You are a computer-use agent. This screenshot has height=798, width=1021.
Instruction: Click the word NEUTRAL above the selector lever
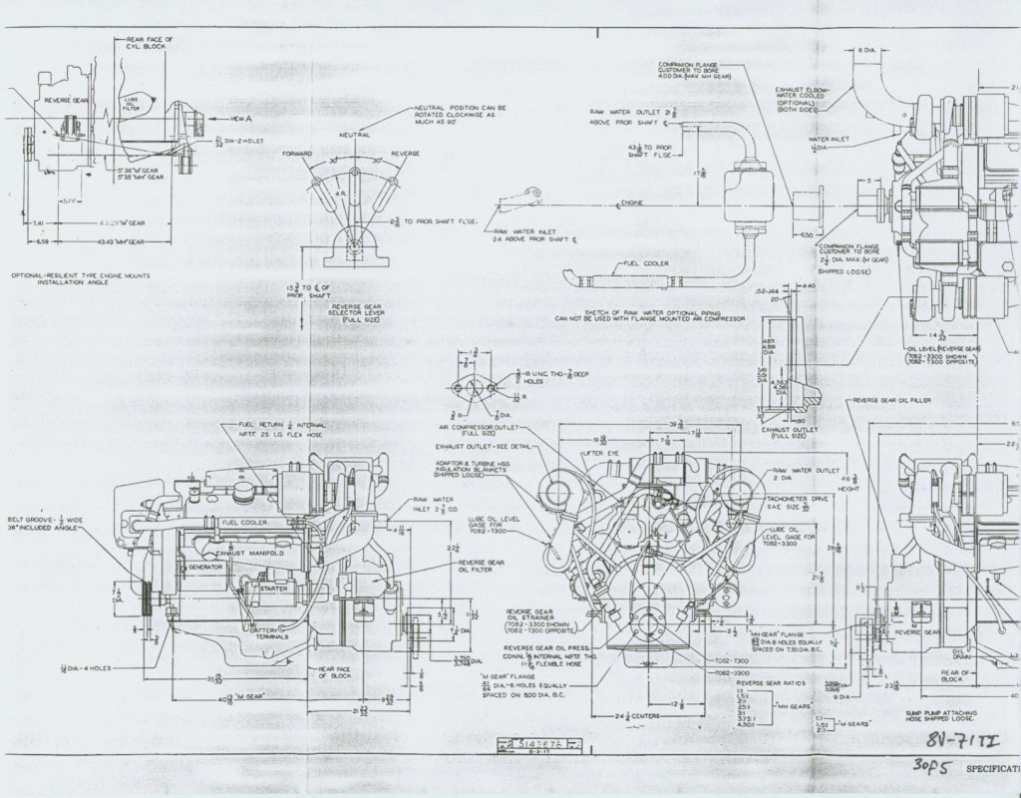(354, 134)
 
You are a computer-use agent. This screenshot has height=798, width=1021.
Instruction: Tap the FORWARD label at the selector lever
(297, 154)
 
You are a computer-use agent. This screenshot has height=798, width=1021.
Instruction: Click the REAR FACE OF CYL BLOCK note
(150, 43)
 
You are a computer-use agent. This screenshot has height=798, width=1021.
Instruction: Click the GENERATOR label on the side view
(204, 567)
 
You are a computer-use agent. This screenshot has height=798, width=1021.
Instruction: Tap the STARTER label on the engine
(274, 589)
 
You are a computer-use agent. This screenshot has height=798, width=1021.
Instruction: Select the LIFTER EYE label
(623, 453)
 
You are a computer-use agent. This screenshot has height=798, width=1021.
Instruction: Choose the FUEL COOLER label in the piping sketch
(644, 263)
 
